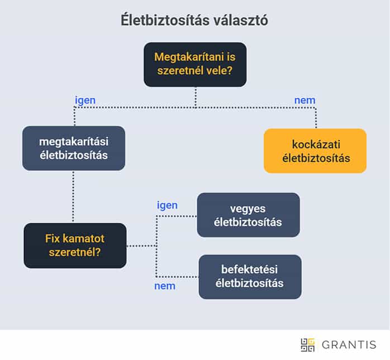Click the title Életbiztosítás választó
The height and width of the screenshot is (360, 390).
(194, 20)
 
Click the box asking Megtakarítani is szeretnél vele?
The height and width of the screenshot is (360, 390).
(194, 64)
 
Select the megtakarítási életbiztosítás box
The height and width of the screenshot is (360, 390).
(73, 148)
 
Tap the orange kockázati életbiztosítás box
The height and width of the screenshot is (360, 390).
(315, 151)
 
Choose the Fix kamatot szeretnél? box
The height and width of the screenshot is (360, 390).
(75, 246)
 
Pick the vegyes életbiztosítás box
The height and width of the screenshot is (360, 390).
(248, 215)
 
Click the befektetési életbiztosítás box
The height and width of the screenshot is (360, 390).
(250, 277)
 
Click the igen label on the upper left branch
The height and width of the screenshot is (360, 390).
(85, 100)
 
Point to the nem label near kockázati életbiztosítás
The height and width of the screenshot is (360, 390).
(305, 100)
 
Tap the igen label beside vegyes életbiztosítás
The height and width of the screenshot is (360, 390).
(167, 205)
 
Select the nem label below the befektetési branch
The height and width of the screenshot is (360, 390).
(164, 286)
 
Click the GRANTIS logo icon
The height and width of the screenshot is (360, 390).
(308, 345)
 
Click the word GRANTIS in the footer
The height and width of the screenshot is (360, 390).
(349, 345)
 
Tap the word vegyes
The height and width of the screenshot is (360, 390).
(248, 208)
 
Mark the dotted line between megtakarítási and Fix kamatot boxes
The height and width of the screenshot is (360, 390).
(73, 196)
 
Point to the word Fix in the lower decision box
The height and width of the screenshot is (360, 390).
(54, 238)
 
